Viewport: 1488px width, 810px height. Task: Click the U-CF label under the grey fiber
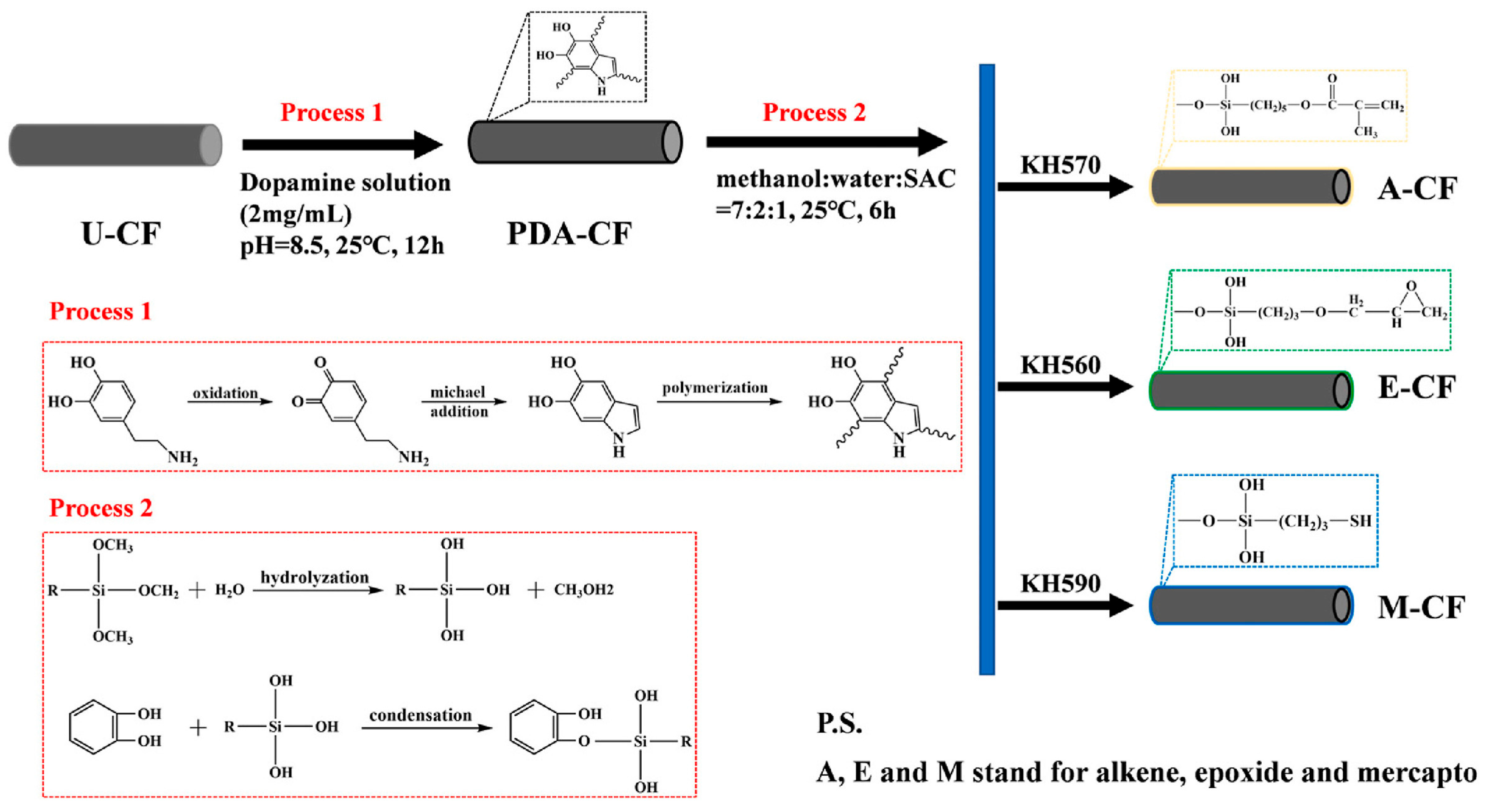click(121, 234)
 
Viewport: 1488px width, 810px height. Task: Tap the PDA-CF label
click(569, 234)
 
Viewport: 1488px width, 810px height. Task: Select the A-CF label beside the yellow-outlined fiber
click(1417, 189)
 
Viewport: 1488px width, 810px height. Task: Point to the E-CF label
click(1416, 388)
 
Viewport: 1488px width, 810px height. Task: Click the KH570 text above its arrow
click(1060, 165)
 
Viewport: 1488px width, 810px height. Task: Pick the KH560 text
click(1060, 365)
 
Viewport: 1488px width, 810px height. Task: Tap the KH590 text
click(1060, 584)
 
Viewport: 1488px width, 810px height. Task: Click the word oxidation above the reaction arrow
click(225, 393)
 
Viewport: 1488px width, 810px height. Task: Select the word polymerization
click(715, 388)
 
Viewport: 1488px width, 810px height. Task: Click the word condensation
click(420, 715)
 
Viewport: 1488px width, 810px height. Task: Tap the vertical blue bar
click(987, 370)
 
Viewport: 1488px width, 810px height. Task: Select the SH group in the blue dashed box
click(1360, 521)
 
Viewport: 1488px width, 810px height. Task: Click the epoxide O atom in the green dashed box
click(1411, 286)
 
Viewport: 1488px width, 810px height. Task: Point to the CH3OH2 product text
click(583, 590)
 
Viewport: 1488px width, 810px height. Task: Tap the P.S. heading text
click(839, 723)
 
